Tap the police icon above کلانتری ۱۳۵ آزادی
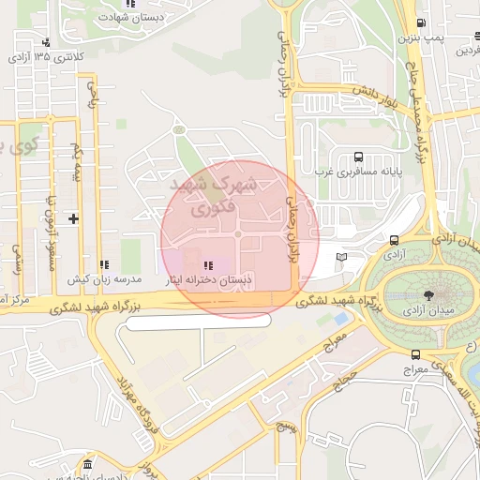46,42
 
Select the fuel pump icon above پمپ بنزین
422,23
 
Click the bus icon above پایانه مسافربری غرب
358,157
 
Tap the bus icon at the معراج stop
415,354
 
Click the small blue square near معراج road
339,333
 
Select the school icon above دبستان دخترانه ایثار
207,265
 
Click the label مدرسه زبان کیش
103,279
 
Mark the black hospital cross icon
73,218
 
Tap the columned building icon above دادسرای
87,466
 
